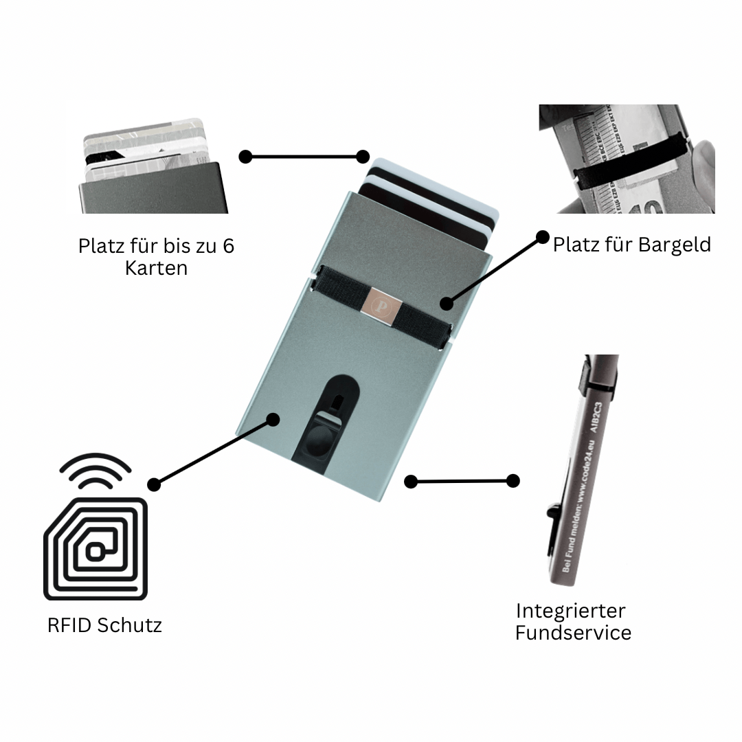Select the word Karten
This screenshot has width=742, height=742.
156,267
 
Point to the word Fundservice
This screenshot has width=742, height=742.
573,632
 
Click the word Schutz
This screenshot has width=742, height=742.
129,625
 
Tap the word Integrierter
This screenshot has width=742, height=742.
570,610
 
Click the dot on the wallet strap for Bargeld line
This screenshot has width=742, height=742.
447,303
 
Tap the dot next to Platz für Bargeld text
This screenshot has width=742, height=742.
543,236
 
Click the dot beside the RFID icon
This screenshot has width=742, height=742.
154,484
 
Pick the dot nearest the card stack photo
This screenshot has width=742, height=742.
245,157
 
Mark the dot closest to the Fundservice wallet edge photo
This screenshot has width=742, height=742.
513,481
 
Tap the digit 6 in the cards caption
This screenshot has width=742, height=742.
228,245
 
